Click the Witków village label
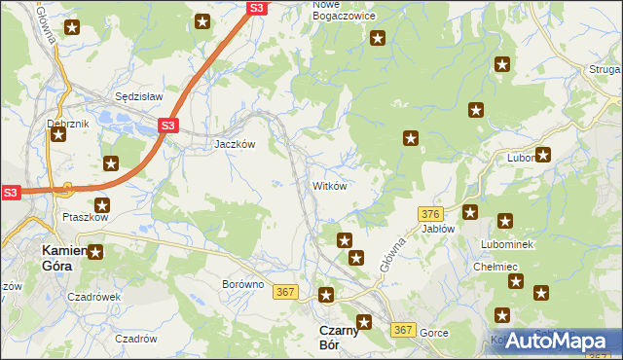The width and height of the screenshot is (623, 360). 329,185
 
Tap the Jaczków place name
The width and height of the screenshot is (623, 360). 235,143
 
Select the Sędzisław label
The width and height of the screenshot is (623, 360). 136,97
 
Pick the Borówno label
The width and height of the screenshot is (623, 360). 243,285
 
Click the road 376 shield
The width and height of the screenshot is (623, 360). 431,213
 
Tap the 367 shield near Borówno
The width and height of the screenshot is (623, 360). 285,292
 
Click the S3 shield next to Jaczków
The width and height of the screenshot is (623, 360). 167,126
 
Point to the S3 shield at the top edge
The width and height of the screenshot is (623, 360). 255,8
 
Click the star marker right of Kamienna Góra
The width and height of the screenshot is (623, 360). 95,252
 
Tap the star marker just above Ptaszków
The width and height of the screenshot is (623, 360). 101,205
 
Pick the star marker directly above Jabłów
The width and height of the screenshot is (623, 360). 470,212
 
